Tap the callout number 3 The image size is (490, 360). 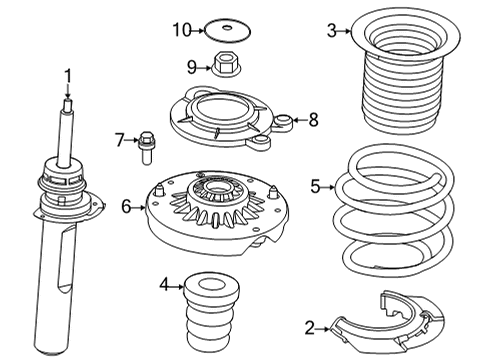[332, 30]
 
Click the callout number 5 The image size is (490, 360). [315, 185]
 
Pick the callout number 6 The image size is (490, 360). [125, 206]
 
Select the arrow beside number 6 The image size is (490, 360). [140, 206]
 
